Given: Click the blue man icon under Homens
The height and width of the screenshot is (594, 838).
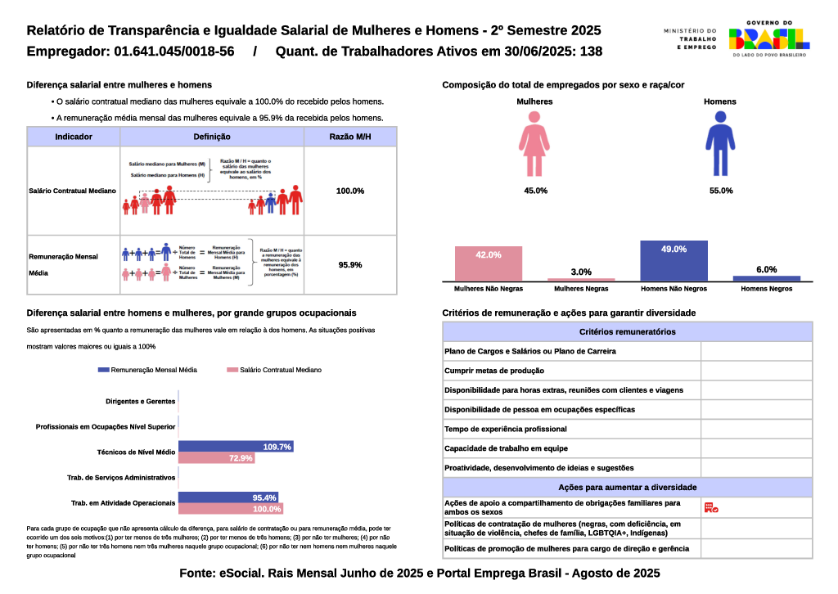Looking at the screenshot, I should pyautogui.click(x=720, y=144).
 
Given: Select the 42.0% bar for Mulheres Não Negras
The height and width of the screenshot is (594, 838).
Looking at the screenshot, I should pyautogui.click(x=489, y=263).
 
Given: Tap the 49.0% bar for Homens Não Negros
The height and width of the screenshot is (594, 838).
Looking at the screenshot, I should pyautogui.click(x=674, y=260).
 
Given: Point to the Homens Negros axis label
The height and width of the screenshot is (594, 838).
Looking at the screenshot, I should pyautogui.click(x=766, y=289).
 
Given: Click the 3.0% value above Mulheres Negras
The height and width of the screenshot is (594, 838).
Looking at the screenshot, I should pyautogui.click(x=581, y=272).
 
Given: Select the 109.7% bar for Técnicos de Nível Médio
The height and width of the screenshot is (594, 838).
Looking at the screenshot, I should pyautogui.click(x=235, y=447).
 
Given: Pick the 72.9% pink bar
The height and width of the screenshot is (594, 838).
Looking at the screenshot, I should pyautogui.click(x=216, y=458).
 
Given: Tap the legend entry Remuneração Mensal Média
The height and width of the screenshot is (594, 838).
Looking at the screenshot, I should pyautogui.click(x=147, y=370).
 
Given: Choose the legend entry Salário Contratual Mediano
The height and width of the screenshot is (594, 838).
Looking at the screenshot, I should pyautogui.click(x=274, y=370).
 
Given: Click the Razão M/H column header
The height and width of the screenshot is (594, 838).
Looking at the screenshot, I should pyautogui.click(x=349, y=137).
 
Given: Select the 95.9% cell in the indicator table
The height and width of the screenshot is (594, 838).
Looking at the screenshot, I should pyautogui.click(x=349, y=265).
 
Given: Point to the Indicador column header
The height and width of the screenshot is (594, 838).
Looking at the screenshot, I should pyautogui.click(x=74, y=137).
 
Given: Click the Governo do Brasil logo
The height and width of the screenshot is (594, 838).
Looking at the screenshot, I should pyautogui.click(x=768, y=38).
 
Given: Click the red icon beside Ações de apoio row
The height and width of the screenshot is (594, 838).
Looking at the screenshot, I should pyautogui.click(x=710, y=508).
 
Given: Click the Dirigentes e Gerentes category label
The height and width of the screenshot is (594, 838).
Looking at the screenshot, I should pyautogui.click(x=141, y=402).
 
